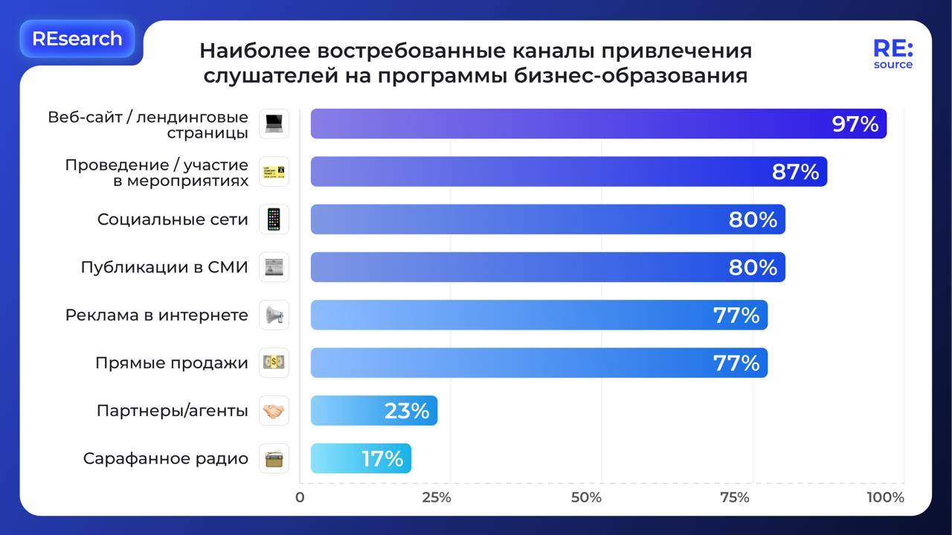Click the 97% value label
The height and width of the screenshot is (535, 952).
tap(855, 124)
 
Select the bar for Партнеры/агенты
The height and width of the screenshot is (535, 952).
tap(373, 411)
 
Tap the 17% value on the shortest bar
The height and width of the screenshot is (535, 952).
tap(382, 458)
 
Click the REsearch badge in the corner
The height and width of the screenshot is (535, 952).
tap(77, 39)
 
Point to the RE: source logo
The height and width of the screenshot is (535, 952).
tap(892, 54)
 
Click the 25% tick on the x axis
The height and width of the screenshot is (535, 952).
tap(437, 498)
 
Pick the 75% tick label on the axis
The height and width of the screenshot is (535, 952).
tap(735, 498)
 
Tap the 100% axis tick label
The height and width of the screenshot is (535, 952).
tap(885, 498)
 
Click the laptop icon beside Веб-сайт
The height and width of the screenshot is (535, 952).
tap(274, 124)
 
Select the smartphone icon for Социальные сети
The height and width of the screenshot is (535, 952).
tap(274, 220)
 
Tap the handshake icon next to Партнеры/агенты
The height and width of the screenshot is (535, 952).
tap(274, 411)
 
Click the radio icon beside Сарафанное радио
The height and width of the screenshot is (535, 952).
tap(274, 458)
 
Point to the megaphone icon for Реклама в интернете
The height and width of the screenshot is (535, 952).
tap(274, 315)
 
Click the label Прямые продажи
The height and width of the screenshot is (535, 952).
tap(172, 363)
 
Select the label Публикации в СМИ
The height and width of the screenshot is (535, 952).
tap(164, 267)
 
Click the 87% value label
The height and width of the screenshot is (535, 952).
tap(795, 172)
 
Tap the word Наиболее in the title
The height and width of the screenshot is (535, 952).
tap(252, 51)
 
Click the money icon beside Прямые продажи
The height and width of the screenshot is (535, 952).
tap(274, 363)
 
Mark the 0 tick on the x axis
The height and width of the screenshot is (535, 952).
tap(300, 498)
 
